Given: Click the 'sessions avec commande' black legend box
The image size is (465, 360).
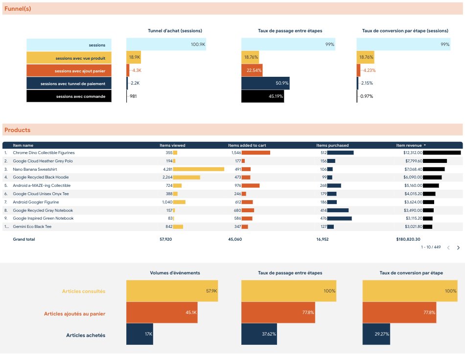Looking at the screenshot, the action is pos(69,96).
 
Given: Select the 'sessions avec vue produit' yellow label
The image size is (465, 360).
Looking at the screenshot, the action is pos(69,58).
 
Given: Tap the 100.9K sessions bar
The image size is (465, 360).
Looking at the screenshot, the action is pos(166,44).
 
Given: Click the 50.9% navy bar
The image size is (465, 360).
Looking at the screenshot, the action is pos(265,83).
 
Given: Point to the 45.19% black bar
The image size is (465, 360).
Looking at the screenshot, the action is pos(263,96).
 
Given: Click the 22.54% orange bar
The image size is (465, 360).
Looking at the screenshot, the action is pos(252,70).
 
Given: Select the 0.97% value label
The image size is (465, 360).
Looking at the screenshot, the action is pos(367,96).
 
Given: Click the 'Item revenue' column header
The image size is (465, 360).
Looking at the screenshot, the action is pos(409,145).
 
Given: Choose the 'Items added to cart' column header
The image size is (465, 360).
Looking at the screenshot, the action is pos(247,145).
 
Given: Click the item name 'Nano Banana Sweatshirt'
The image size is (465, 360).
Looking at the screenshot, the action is pos(35,169).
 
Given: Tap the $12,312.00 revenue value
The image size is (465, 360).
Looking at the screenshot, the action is pos(413,153).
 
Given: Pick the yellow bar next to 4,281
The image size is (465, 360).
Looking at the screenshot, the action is pos(198,169).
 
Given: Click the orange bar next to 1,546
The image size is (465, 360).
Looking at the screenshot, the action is pos(256,153).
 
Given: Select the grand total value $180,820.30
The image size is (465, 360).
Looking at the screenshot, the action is pos(408,239).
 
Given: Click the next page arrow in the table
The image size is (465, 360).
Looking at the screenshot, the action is pos(458,247).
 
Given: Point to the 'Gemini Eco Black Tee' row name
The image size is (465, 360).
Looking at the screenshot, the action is pos(32,226).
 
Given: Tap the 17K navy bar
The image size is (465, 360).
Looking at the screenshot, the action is pos(139,334).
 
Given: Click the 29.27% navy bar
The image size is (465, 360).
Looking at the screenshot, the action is pos(376,334).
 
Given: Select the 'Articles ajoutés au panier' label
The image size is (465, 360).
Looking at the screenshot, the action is pos(74,314).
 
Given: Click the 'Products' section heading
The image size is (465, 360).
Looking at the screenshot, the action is pos(17,130).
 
